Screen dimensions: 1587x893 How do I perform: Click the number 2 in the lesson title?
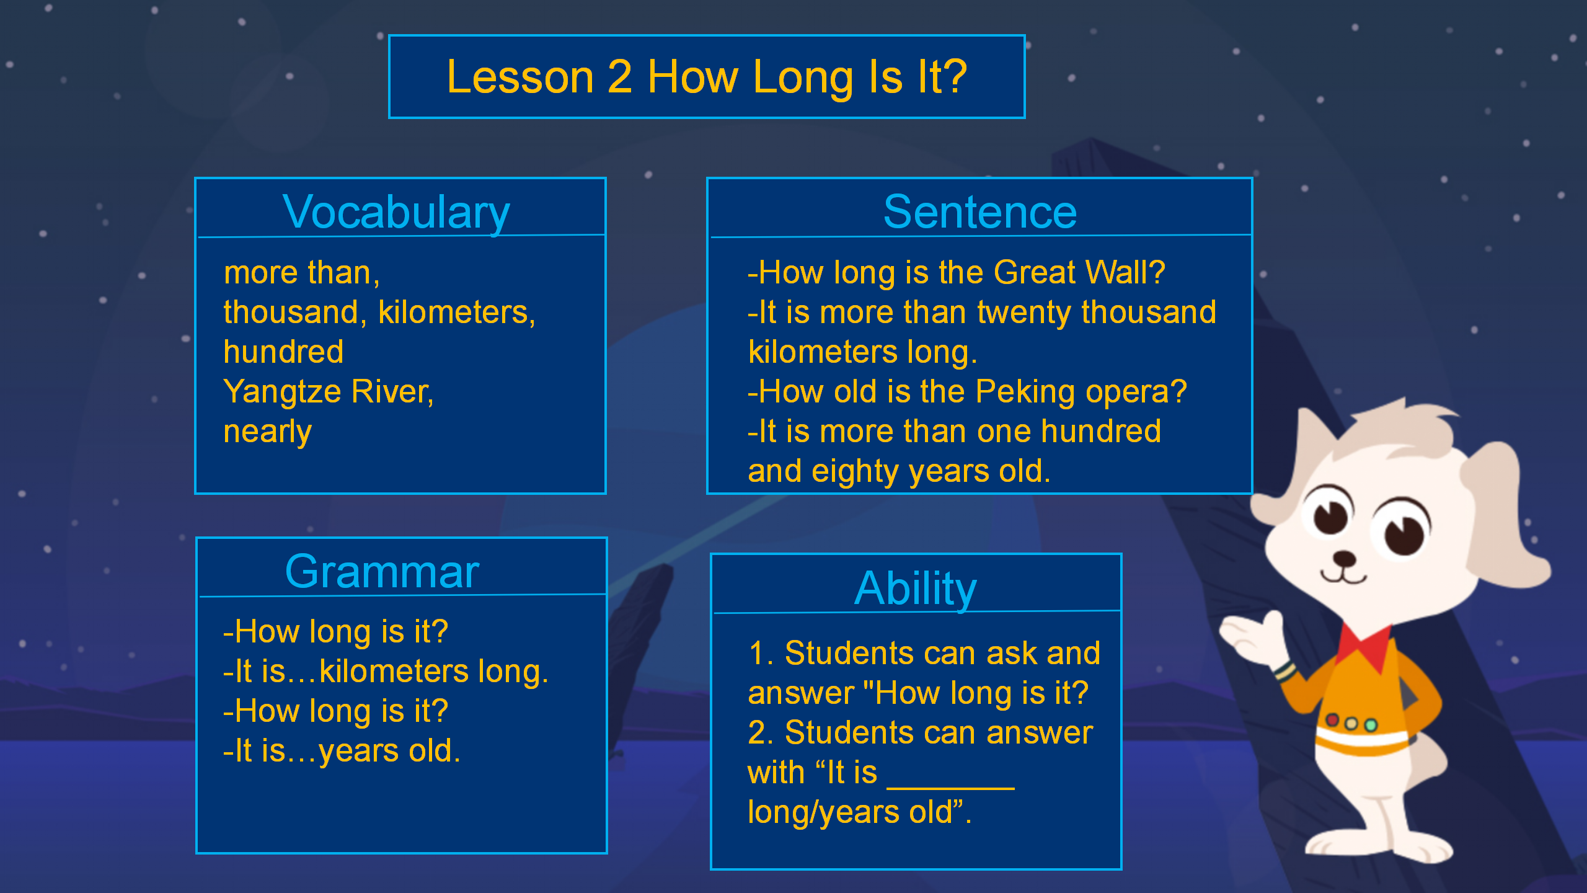pos(620,77)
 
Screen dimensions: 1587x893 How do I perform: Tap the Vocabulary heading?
pos(396,213)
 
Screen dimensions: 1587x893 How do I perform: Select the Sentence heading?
pos(980,212)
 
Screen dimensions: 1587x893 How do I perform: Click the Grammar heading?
pos(382,572)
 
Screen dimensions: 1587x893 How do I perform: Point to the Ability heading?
pos(916,589)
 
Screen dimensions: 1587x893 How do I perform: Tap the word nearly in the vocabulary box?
pos(267,432)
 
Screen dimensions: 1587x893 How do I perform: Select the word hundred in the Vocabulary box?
pos(283,352)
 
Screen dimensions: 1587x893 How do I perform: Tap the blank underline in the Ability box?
pos(951,788)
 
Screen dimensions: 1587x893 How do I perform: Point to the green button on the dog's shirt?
pos(1371,724)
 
